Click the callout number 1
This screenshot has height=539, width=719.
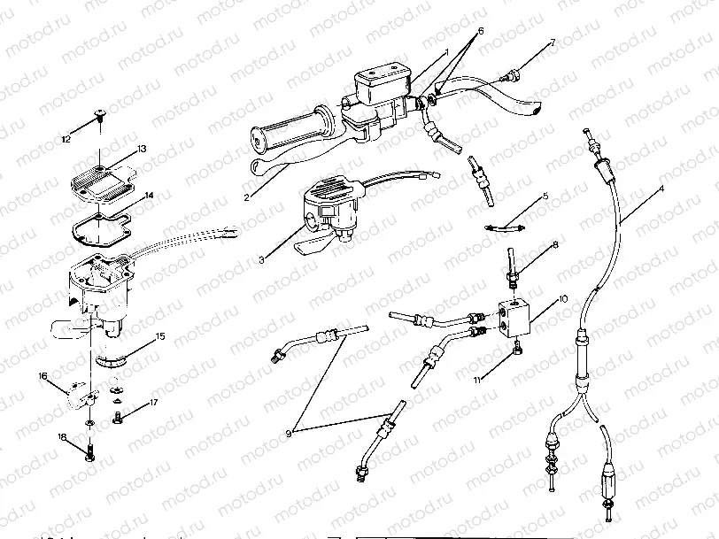(x=447, y=52)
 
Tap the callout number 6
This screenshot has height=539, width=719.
(x=481, y=30)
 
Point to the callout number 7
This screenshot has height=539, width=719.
(x=553, y=42)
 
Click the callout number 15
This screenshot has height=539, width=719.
(x=160, y=336)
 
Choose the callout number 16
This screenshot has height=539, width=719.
(x=43, y=377)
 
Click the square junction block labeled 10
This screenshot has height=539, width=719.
(x=514, y=314)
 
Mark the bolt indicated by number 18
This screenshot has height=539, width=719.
(x=91, y=454)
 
